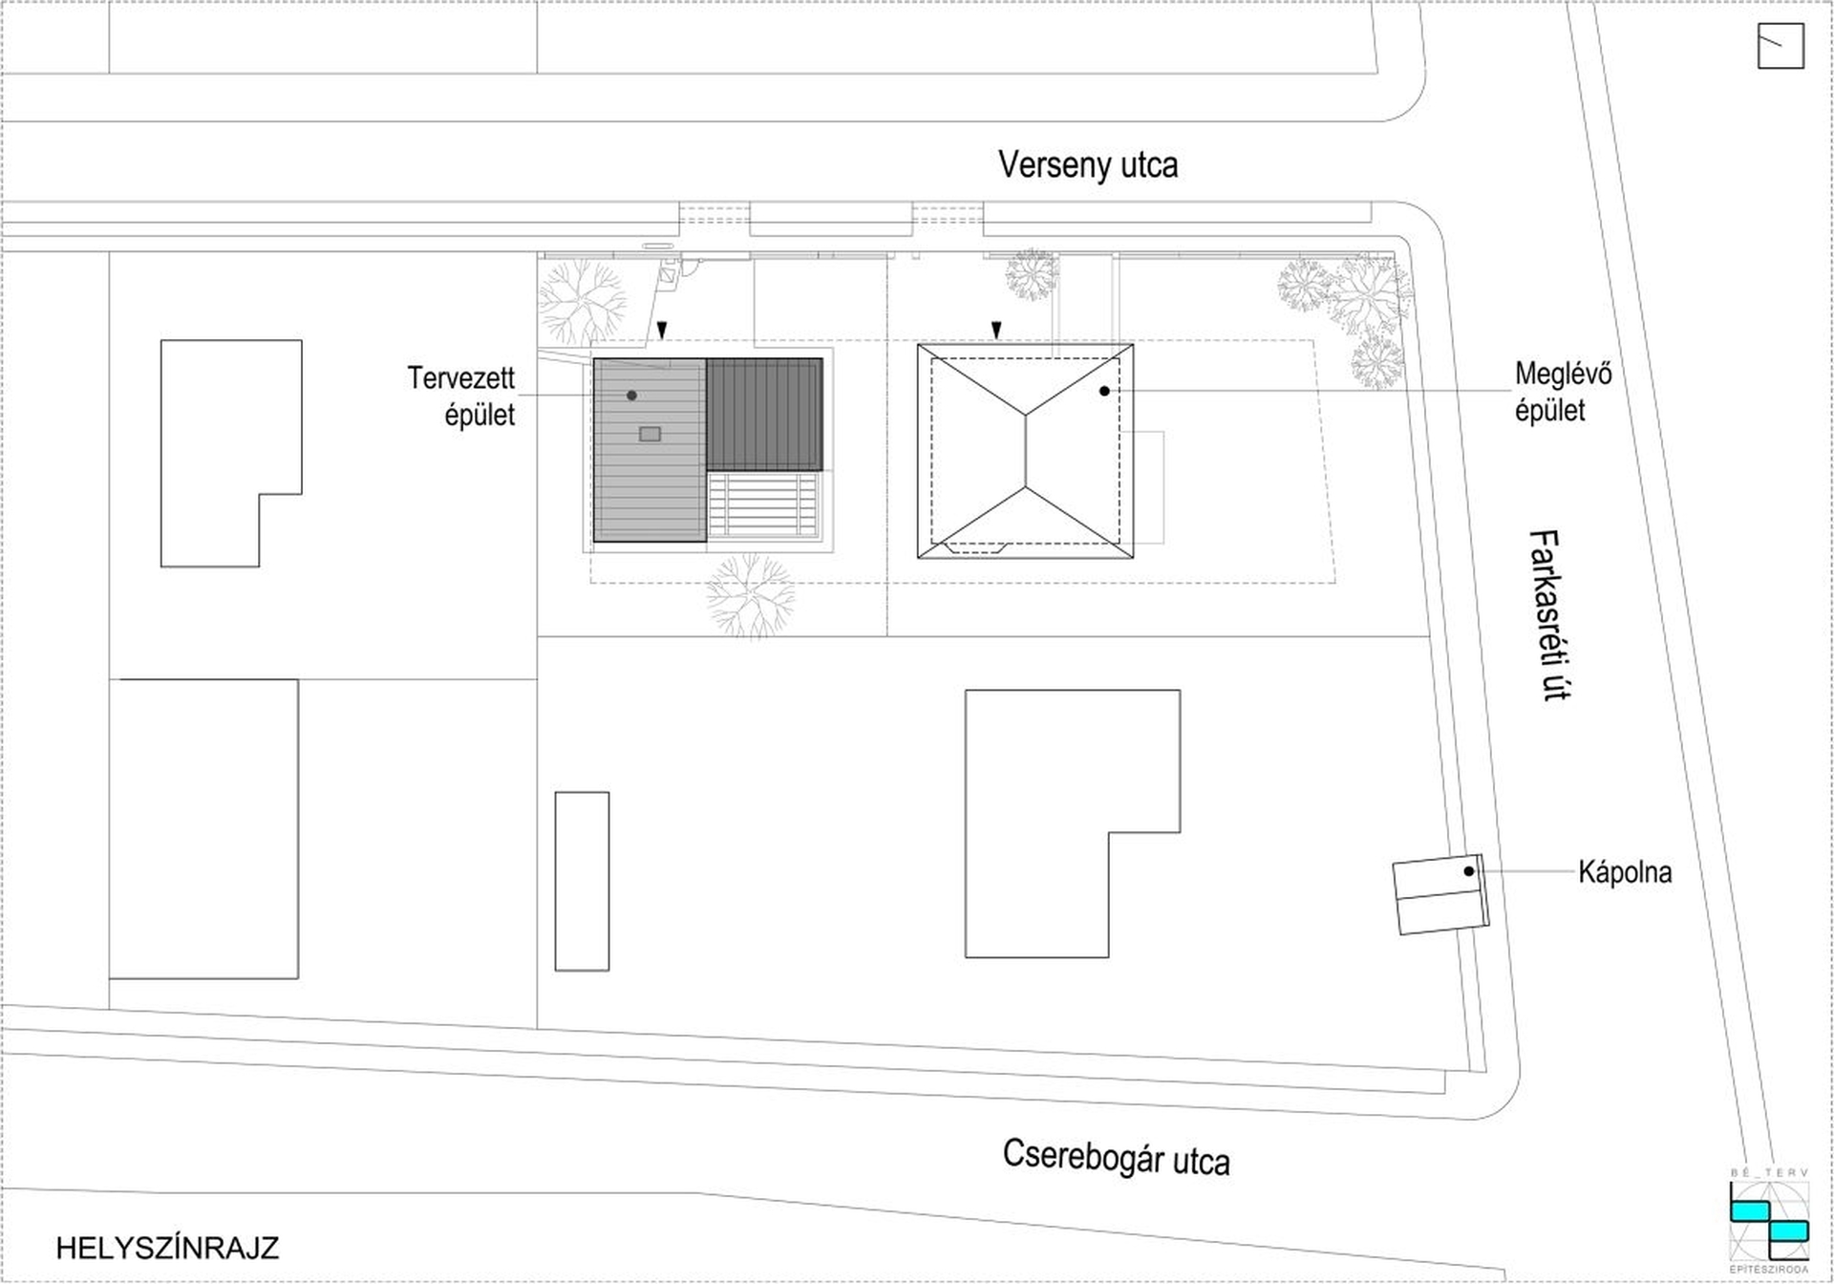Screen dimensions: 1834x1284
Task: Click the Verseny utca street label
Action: pyautogui.click(x=1088, y=165)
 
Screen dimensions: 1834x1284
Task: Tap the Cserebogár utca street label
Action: pyautogui.click(x=1116, y=1158)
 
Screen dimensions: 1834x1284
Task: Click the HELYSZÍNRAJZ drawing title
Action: pyautogui.click(x=167, y=1248)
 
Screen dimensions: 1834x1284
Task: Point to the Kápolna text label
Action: pyautogui.click(x=1625, y=872)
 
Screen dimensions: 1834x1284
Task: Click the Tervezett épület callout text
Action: pyautogui.click(x=461, y=396)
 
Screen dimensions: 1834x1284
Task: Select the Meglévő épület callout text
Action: pyautogui.click(x=1563, y=392)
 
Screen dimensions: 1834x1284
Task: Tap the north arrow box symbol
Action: pyautogui.click(x=1781, y=46)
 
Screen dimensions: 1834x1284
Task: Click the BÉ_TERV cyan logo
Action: pyautogui.click(x=1770, y=1221)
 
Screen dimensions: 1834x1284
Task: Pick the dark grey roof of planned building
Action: pyautogui.click(x=764, y=414)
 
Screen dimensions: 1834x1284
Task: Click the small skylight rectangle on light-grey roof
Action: pyautogui.click(x=650, y=434)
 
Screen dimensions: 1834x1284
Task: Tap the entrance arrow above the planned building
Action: pyautogui.click(x=662, y=330)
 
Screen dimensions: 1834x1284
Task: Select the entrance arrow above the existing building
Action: pyautogui.click(x=996, y=330)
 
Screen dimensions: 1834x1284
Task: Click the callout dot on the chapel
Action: pyautogui.click(x=1469, y=871)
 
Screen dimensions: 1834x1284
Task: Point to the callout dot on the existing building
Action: pyautogui.click(x=1104, y=391)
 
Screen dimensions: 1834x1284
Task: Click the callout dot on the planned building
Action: pyautogui.click(x=631, y=396)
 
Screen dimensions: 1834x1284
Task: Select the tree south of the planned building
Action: pyautogui.click(x=751, y=596)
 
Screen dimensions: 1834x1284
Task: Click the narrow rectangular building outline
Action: pyautogui.click(x=582, y=881)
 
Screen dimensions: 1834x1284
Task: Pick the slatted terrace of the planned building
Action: pyautogui.click(x=764, y=504)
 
